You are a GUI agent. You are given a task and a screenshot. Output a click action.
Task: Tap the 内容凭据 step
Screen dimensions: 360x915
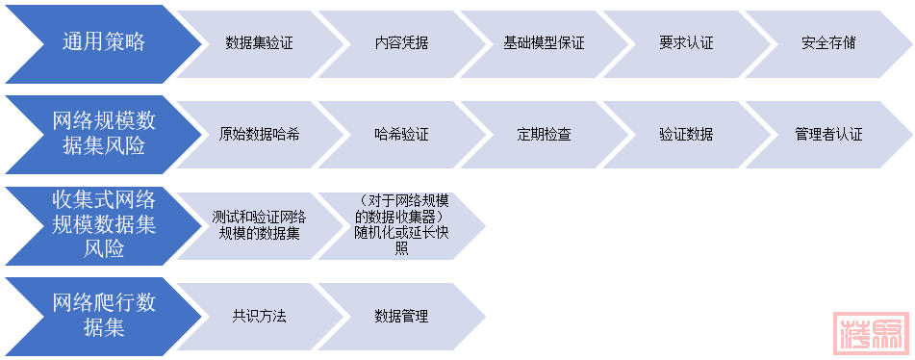(x=402, y=42)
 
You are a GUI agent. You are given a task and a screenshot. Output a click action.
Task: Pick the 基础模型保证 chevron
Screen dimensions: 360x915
(x=545, y=42)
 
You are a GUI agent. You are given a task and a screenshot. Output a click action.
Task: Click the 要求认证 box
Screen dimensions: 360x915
(x=687, y=42)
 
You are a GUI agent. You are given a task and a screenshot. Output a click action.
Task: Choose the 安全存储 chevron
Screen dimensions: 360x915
(x=828, y=42)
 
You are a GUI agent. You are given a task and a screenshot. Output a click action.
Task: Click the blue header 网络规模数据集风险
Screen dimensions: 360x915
(x=103, y=133)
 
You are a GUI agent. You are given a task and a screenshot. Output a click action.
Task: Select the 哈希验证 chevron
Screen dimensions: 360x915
(x=402, y=134)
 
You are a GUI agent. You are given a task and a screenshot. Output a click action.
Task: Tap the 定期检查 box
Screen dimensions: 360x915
(x=545, y=134)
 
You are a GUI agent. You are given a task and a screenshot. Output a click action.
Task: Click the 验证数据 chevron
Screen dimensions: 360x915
(x=687, y=134)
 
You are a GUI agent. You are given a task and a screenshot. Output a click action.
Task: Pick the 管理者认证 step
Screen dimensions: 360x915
(x=828, y=134)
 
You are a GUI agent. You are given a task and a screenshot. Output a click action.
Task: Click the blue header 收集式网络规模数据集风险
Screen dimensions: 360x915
(x=103, y=224)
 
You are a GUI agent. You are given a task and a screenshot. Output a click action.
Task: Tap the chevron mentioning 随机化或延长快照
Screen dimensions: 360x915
(x=402, y=224)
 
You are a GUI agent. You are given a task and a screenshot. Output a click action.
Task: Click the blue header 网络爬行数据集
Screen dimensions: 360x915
(x=103, y=316)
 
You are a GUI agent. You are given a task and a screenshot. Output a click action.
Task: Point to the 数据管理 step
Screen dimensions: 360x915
(x=402, y=316)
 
